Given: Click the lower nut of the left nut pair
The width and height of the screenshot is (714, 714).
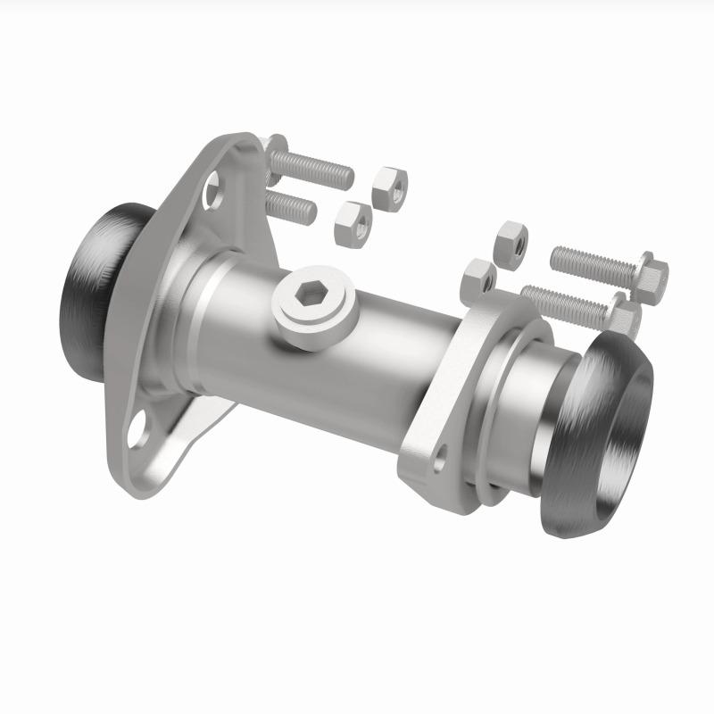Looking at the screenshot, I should point(353,223).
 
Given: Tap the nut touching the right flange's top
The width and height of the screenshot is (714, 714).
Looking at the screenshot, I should point(478,279).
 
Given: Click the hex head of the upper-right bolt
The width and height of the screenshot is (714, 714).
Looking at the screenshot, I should point(649,271).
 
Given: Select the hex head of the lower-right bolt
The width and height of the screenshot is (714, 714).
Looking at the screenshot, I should point(627,319).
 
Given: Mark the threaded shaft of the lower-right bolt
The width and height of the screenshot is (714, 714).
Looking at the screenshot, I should point(564,303).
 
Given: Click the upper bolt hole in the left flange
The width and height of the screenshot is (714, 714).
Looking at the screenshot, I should point(212,189).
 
